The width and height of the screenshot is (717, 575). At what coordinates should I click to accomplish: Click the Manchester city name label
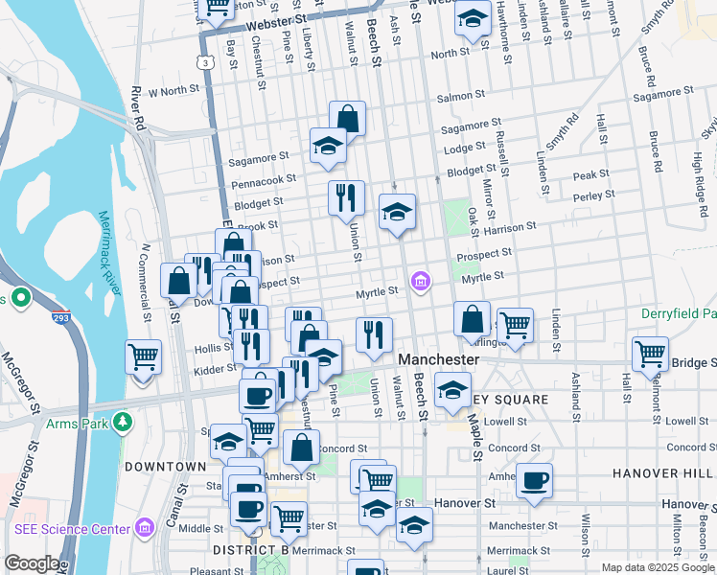point(438,359)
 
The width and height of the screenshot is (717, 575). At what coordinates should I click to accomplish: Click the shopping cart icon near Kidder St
point(143,356)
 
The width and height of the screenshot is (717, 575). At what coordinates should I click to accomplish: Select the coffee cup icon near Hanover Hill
point(534,479)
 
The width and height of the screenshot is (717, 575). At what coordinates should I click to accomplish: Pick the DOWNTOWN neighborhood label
point(165,467)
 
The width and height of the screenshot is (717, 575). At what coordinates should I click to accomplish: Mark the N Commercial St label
point(147,282)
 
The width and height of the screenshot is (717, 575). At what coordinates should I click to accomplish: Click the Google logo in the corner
point(32,563)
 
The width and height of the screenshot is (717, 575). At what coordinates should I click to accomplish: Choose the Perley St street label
point(594,195)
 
